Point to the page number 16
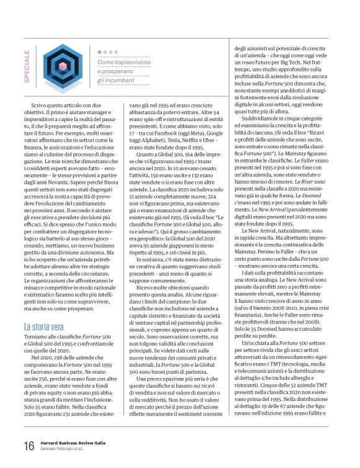click(x=29, y=446)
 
